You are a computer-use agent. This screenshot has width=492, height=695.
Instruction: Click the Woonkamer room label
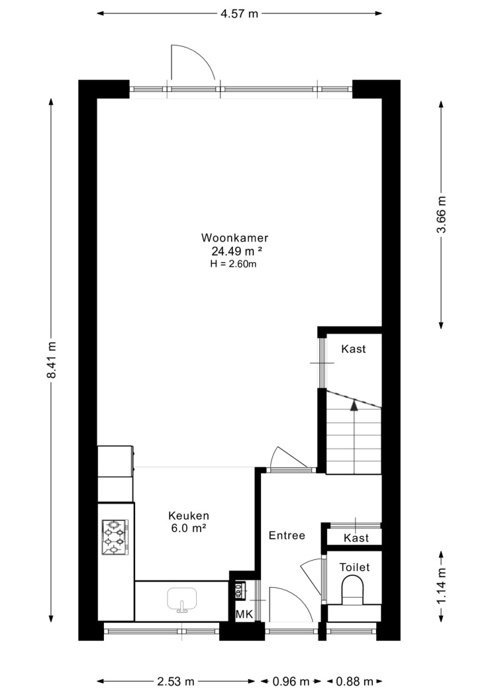[x=234, y=238]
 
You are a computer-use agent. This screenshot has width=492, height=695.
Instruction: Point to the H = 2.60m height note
[x=234, y=264]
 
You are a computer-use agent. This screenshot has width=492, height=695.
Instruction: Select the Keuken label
[x=188, y=516]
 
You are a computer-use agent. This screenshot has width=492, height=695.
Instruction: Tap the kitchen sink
[x=181, y=600]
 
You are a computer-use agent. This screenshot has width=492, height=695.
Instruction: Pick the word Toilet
[x=354, y=567]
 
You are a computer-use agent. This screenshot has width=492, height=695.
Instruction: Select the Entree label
[x=287, y=535]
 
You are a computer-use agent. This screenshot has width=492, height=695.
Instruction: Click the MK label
[x=244, y=615]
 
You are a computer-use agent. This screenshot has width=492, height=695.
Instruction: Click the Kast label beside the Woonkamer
[x=354, y=349]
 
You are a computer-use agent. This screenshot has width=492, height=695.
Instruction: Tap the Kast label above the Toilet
[x=356, y=538]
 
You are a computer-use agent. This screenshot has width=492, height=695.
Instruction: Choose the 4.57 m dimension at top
[x=239, y=14]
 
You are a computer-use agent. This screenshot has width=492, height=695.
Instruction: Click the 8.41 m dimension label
[x=52, y=359]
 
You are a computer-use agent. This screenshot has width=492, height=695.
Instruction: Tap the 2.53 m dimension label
[x=175, y=681]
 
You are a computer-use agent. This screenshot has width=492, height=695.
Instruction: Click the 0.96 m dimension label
[x=291, y=681]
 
